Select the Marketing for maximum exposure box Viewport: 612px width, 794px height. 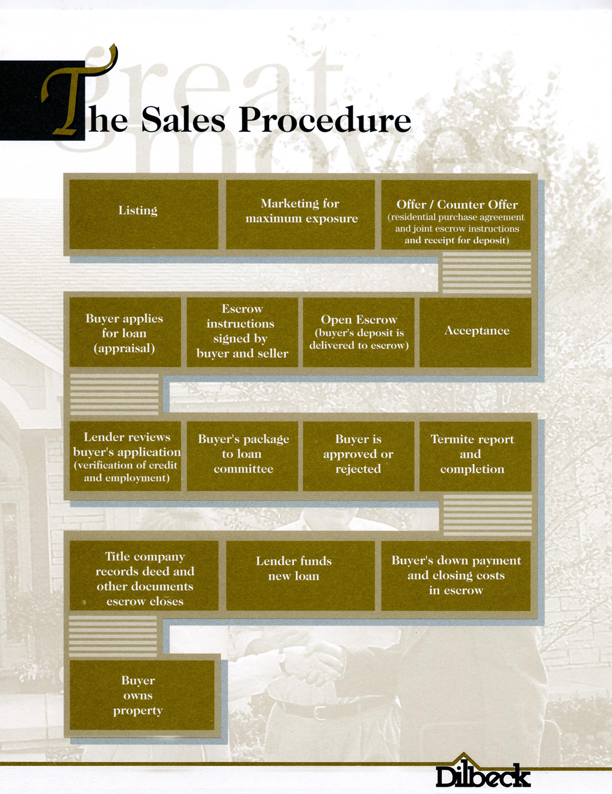(x=300, y=214)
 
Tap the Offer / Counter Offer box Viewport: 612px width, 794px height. (x=456, y=214)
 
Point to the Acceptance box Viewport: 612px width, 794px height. (x=475, y=332)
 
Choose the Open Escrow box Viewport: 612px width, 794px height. (x=359, y=332)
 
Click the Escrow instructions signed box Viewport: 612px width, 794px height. (x=243, y=332)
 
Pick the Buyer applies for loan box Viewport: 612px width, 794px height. (x=125, y=332)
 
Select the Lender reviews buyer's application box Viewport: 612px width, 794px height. (x=125, y=456)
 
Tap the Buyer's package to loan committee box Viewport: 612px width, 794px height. (x=243, y=456)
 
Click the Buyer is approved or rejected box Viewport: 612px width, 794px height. (x=359, y=456)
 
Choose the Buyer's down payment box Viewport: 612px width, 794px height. (x=456, y=575)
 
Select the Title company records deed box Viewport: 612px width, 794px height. (x=144, y=575)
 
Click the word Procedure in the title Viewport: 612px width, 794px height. (x=325, y=120)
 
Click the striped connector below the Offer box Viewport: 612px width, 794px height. (x=487, y=272)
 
